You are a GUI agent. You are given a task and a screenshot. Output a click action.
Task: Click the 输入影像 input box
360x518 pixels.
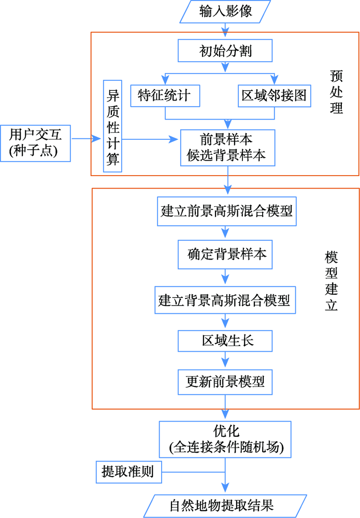tap(225, 11)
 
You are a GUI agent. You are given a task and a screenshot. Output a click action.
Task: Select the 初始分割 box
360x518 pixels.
tap(225, 51)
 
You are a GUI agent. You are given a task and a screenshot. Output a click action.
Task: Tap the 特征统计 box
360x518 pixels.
tap(165, 96)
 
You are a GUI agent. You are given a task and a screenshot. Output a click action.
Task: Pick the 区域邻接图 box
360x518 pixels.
tap(275, 96)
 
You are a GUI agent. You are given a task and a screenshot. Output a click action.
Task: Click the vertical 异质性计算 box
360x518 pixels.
tap(112, 126)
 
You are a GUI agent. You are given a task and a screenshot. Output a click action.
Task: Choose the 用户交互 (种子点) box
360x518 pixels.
tap(35, 143)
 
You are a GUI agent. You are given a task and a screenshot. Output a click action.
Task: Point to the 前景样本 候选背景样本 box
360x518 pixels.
tap(227, 147)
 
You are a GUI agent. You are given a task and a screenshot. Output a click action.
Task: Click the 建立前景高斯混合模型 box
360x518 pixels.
tap(226, 211)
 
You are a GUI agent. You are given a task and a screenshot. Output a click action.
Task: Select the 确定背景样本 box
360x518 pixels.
tap(225, 254)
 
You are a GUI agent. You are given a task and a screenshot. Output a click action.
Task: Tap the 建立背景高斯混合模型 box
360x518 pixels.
tap(225, 300)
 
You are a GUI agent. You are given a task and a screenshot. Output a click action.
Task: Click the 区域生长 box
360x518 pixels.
tap(225, 341)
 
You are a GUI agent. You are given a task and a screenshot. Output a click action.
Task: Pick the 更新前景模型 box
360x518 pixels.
tap(225, 382)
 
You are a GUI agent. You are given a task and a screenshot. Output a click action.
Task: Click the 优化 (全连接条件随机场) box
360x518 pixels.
tap(225, 439)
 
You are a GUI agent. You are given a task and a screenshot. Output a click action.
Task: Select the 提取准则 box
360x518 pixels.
tap(129, 472)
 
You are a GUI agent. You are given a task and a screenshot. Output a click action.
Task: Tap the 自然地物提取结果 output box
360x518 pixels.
tap(225, 506)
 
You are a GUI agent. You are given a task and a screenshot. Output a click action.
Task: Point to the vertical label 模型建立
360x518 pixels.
tap(332, 281)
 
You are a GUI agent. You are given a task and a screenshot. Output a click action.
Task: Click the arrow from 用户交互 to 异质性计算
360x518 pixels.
tap(86, 139)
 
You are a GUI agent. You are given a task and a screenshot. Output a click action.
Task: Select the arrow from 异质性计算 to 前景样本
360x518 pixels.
tap(150, 139)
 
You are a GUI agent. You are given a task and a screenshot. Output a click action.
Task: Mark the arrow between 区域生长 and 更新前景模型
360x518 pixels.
tap(225, 360)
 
